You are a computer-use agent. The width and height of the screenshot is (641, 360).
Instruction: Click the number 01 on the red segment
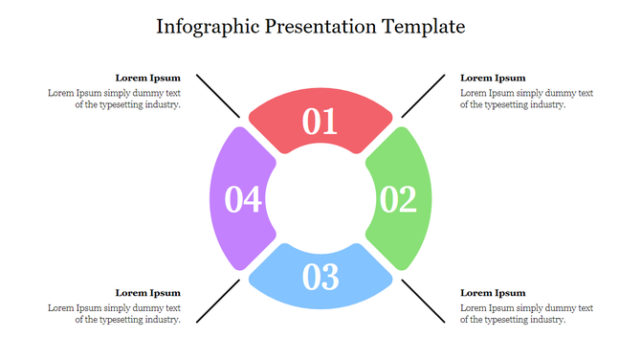[320, 122]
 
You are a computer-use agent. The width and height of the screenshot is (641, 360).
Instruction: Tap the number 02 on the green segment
[398, 199]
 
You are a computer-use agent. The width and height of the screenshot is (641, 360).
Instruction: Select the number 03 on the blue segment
[320, 277]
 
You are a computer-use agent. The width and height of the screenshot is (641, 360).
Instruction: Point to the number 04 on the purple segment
[243, 199]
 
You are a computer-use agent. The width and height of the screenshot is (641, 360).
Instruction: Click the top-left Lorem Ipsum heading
[147, 78]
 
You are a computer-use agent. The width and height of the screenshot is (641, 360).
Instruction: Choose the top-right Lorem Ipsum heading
[493, 78]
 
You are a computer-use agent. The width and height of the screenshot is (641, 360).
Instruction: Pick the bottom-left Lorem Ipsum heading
[147, 293]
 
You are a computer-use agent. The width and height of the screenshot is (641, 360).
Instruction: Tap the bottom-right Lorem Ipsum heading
[493, 293]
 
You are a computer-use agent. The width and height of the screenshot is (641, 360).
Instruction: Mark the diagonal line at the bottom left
[217, 302]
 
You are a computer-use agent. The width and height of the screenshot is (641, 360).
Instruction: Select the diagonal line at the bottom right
[424, 302]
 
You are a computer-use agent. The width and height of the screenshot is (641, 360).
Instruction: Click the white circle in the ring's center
[320, 199]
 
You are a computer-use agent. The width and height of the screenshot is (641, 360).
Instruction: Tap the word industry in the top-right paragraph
[549, 105]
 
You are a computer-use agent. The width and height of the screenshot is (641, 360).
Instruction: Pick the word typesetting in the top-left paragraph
[120, 105]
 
